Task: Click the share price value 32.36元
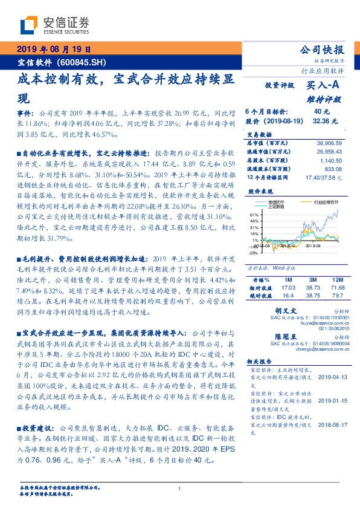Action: (322, 121)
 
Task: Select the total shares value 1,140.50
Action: (332, 161)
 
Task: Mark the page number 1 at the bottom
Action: (179, 488)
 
